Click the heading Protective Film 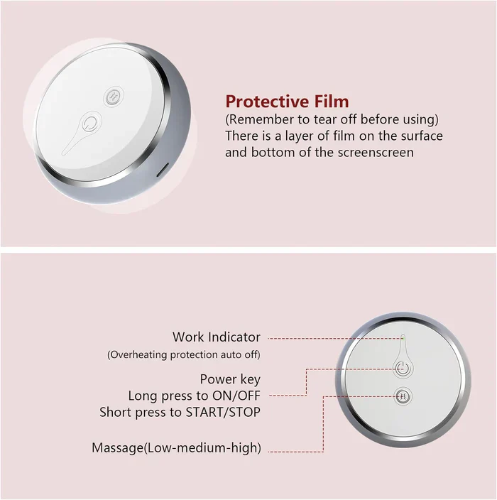287,102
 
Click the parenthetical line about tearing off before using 332,118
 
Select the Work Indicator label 216,337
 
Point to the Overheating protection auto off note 184,354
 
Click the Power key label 230,379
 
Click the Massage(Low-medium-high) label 176,448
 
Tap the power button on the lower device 402,369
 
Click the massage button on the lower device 402,396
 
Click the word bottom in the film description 263,152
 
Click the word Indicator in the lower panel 234,337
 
